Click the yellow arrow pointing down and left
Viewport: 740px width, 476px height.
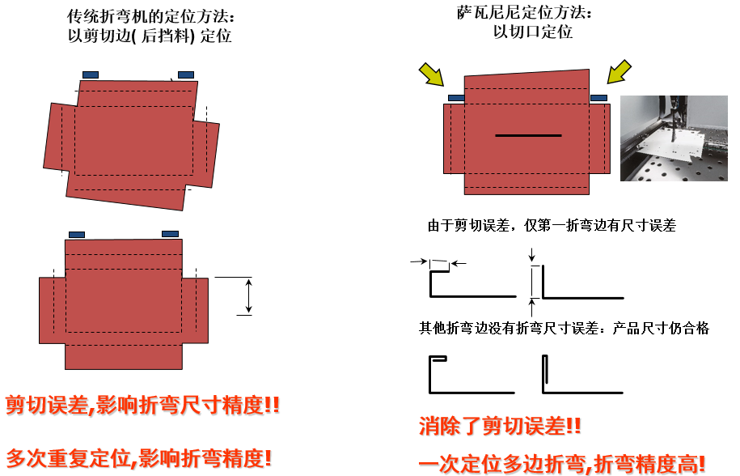tap(619, 72)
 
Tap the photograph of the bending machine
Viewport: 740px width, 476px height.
tap(674, 138)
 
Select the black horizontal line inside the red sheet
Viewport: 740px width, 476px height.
tap(528, 135)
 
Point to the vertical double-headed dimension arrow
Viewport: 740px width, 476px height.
tap(249, 296)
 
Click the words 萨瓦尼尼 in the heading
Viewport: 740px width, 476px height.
tap(489, 13)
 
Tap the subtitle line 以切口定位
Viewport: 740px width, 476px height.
tap(533, 32)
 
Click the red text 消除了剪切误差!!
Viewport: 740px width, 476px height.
tap(500, 426)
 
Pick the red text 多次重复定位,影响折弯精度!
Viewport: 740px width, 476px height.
tap(139, 458)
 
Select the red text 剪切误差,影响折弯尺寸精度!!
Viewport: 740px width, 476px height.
tap(142, 405)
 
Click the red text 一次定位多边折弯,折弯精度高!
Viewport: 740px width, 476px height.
tap(562, 464)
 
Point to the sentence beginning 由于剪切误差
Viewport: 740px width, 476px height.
tap(552, 225)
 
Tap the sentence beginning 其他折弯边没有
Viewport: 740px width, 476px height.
tap(564, 328)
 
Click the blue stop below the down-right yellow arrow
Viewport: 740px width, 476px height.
tap(456, 98)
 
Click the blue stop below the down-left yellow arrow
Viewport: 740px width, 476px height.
tap(599, 98)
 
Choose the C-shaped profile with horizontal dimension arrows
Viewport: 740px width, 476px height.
tap(431, 284)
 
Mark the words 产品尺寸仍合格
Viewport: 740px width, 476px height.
tap(661, 328)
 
